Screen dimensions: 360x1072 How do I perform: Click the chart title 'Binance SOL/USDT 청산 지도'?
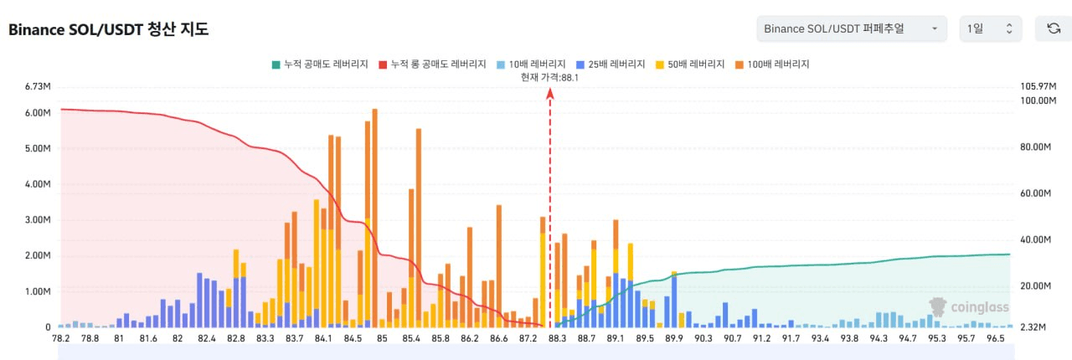[x=108, y=29]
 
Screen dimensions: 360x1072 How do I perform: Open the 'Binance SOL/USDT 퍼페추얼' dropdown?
[x=851, y=28]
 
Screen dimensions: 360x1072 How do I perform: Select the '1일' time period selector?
[x=990, y=28]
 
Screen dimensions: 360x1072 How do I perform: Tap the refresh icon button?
[x=1053, y=28]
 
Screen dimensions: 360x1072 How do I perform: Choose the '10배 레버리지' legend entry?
[x=528, y=64]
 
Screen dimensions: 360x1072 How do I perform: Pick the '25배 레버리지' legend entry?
[x=611, y=64]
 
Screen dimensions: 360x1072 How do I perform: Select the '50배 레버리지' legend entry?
[x=692, y=64]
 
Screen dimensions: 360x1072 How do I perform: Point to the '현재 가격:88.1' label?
[x=549, y=77]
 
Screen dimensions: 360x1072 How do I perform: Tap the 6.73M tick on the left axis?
[x=39, y=86]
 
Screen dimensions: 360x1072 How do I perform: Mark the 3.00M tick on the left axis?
[x=39, y=220]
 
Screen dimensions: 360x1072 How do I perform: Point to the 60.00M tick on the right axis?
[x=1034, y=193]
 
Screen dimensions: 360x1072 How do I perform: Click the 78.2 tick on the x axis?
[x=61, y=338]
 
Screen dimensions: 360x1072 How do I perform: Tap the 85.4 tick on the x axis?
[x=411, y=338]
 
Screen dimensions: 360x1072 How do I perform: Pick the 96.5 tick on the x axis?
[x=996, y=338]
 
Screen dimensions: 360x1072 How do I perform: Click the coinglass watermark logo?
[x=969, y=307]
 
